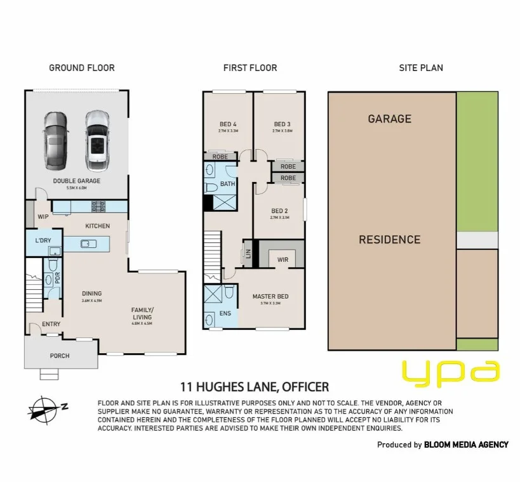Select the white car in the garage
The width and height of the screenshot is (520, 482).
(x=97, y=141)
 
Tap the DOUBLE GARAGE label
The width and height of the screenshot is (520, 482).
(x=77, y=181)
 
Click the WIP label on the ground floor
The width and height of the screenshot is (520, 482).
(x=43, y=216)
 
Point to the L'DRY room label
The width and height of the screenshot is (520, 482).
(x=43, y=241)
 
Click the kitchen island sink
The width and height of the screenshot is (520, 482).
(x=88, y=242)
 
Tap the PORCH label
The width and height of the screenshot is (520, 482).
(x=60, y=356)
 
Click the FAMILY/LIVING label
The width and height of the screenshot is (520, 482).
(x=142, y=313)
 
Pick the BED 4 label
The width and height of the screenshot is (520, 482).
(x=227, y=124)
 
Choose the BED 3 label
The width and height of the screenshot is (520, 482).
(x=282, y=124)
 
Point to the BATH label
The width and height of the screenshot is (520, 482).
(x=227, y=184)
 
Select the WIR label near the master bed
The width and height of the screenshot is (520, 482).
(x=283, y=259)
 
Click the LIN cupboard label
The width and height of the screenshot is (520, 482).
(x=246, y=255)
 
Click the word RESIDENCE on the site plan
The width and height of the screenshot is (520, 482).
(x=389, y=240)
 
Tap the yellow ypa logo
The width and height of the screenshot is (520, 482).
(x=451, y=373)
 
